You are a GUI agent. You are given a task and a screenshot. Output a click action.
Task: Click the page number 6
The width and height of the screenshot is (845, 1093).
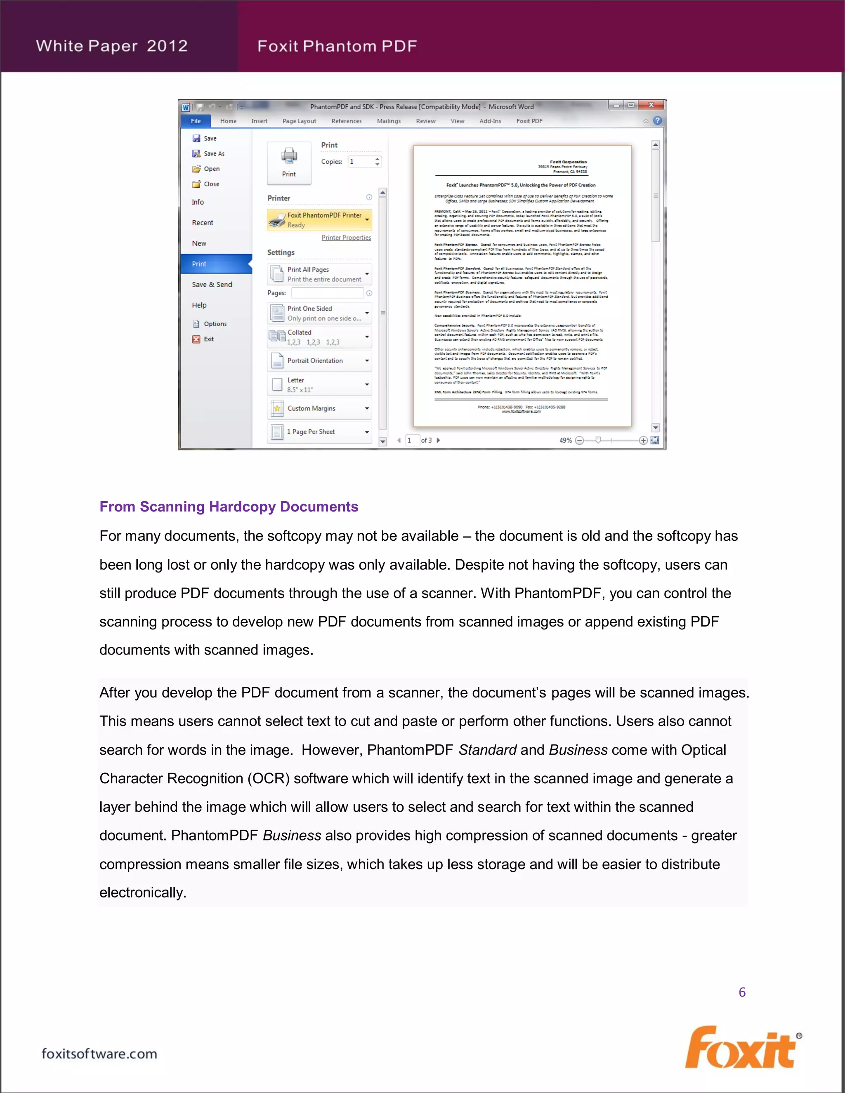point(742,992)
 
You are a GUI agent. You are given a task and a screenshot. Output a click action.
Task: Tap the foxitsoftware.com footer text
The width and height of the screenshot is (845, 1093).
point(99,1053)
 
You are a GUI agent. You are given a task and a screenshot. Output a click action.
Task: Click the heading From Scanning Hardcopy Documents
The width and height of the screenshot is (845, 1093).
point(229,506)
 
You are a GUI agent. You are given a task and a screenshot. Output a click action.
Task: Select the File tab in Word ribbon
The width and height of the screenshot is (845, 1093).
point(196,121)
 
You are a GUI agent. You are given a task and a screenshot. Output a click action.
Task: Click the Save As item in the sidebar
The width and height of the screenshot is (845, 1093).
point(214,154)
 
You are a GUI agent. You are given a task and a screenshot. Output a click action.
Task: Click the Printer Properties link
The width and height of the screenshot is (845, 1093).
point(346,238)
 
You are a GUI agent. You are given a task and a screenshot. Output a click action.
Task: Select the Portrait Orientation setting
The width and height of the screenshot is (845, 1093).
point(319,360)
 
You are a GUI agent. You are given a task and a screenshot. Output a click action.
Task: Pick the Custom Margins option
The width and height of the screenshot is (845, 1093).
point(319,408)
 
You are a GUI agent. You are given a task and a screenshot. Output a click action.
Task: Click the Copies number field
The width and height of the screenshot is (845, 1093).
point(361,162)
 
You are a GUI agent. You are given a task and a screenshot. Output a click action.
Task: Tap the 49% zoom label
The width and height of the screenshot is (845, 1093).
point(565,440)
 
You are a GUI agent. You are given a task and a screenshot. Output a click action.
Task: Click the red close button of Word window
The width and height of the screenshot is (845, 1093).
point(650,105)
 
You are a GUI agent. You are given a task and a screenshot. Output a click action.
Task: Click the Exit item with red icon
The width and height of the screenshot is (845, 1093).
point(208,339)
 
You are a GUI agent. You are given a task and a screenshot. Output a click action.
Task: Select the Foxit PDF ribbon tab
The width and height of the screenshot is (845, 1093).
point(529,121)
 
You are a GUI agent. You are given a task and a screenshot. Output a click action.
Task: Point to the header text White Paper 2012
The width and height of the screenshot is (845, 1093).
point(112,46)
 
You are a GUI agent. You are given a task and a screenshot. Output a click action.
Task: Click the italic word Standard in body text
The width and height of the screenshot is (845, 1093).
point(487,750)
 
